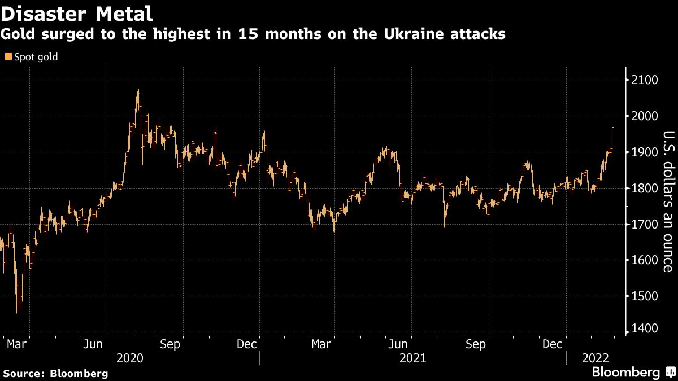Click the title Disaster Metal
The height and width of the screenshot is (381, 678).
click(x=76, y=12)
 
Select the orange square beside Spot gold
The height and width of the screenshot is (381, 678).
click(x=7, y=57)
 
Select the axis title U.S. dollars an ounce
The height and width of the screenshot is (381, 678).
click(x=668, y=201)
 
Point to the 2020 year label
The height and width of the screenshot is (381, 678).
click(x=130, y=358)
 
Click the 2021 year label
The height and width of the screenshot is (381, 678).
click(x=412, y=358)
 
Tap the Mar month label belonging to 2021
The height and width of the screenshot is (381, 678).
click(x=322, y=344)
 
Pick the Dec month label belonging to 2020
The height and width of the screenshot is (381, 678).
click(x=247, y=344)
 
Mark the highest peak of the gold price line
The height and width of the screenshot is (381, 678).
click(x=138, y=90)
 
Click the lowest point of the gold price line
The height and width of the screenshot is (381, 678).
click(x=18, y=312)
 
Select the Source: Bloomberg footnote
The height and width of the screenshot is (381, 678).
click(x=55, y=373)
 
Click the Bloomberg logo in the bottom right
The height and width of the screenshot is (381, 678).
click(x=625, y=373)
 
